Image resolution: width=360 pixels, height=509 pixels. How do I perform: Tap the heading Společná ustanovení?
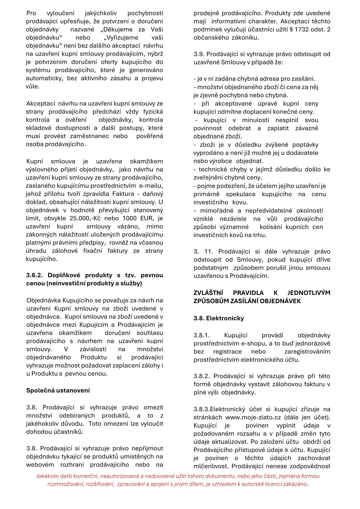[58, 390]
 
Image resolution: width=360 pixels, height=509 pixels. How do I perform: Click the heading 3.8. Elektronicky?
[219, 318]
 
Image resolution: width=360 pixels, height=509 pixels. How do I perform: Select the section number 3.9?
[199, 54]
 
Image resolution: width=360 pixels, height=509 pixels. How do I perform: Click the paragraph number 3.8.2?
[202, 376]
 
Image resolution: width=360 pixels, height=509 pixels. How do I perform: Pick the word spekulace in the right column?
[240, 194]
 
